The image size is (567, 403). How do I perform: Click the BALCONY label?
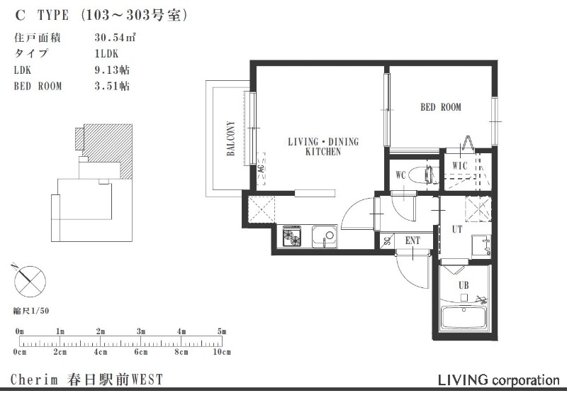click(x=231, y=138)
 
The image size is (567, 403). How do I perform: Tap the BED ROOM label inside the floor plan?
click(x=441, y=107)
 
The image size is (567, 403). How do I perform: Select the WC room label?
click(x=400, y=175)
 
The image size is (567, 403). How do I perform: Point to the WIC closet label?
click(x=460, y=166)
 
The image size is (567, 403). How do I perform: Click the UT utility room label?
click(x=457, y=229)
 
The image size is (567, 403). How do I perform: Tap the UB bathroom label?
click(x=464, y=285)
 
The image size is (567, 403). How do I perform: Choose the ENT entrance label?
click(x=412, y=241)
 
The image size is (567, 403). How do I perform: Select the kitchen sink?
click(x=325, y=236)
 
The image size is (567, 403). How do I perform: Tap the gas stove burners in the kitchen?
click(x=291, y=236)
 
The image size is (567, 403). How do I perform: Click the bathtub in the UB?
click(x=465, y=318)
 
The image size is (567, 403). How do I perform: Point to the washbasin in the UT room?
click(x=481, y=246)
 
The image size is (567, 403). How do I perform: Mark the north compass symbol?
click(x=30, y=282)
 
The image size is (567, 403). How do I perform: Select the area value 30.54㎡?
click(x=115, y=38)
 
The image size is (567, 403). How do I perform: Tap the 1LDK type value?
click(x=106, y=54)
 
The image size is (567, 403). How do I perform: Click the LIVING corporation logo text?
click(x=499, y=380)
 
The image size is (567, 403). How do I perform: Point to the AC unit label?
click(x=261, y=169)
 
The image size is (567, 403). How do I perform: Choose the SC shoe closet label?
click(x=387, y=241)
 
